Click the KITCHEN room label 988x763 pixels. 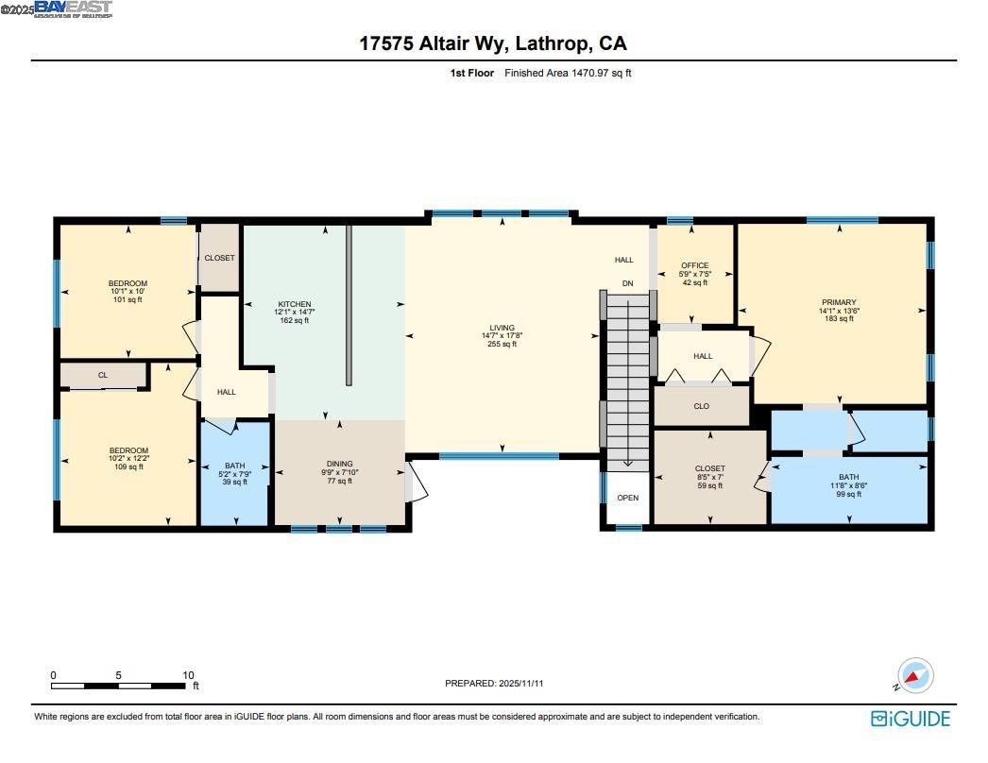pyautogui.click(x=294, y=305)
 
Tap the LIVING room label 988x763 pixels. pyautogui.click(x=502, y=328)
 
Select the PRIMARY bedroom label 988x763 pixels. pyautogui.click(x=838, y=302)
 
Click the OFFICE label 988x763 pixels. pyautogui.click(x=694, y=265)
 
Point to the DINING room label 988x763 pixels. pyautogui.click(x=339, y=464)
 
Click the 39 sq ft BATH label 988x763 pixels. pyautogui.click(x=234, y=466)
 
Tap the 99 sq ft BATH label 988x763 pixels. pyautogui.click(x=848, y=478)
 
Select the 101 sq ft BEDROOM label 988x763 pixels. pyautogui.click(x=128, y=283)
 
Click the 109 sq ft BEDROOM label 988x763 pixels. pyautogui.click(x=128, y=450)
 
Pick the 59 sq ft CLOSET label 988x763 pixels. pyautogui.click(x=709, y=468)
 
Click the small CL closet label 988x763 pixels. pyautogui.click(x=102, y=376)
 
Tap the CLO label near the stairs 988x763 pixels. pyautogui.click(x=701, y=406)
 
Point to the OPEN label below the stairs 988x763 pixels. pyautogui.click(x=627, y=498)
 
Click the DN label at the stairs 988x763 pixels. pyautogui.click(x=627, y=283)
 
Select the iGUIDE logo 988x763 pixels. pyautogui.click(x=910, y=719)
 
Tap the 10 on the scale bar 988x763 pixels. pyautogui.click(x=188, y=675)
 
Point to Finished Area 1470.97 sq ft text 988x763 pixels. pyautogui.click(x=568, y=73)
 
